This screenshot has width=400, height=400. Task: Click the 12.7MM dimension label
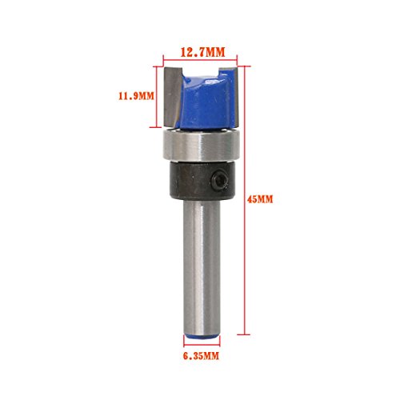pyautogui.click(x=203, y=52)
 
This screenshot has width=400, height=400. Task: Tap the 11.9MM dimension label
pyautogui.click(x=136, y=96)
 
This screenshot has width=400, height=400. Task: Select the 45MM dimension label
pyautogui.click(x=260, y=199)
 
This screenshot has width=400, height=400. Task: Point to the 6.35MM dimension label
pyautogui.click(x=201, y=356)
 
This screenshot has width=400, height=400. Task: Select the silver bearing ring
pyautogui.click(x=202, y=145)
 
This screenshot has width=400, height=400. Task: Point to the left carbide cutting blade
pyautogui.click(x=172, y=97)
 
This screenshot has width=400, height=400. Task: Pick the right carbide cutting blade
pyautogui.click(x=234, y=97)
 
